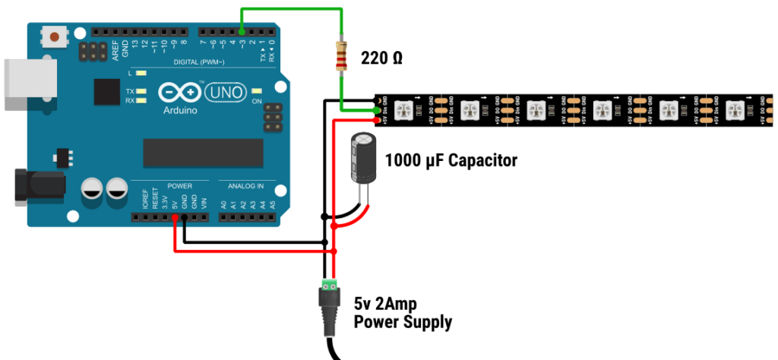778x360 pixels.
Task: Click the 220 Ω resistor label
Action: tap(382, 58)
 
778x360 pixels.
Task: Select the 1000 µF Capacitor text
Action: tap(451, 160)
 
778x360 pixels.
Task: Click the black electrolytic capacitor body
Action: tap(364, 157)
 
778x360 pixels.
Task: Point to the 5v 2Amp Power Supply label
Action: tap(403, 311)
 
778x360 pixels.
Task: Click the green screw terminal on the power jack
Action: tap(330, 285)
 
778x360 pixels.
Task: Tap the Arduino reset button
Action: tap(55, 36)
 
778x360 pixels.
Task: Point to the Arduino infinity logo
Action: tap(179, 93)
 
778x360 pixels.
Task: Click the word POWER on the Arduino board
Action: tap(179, 186)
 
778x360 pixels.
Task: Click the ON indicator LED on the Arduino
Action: tap(256, 90)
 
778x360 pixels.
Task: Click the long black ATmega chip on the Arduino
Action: tap(203, 153)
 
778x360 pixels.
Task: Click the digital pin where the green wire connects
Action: tap(242, 32)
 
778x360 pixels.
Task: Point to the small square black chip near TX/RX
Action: tap(107, 92)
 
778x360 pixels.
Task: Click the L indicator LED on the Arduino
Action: tap(141, 74)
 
